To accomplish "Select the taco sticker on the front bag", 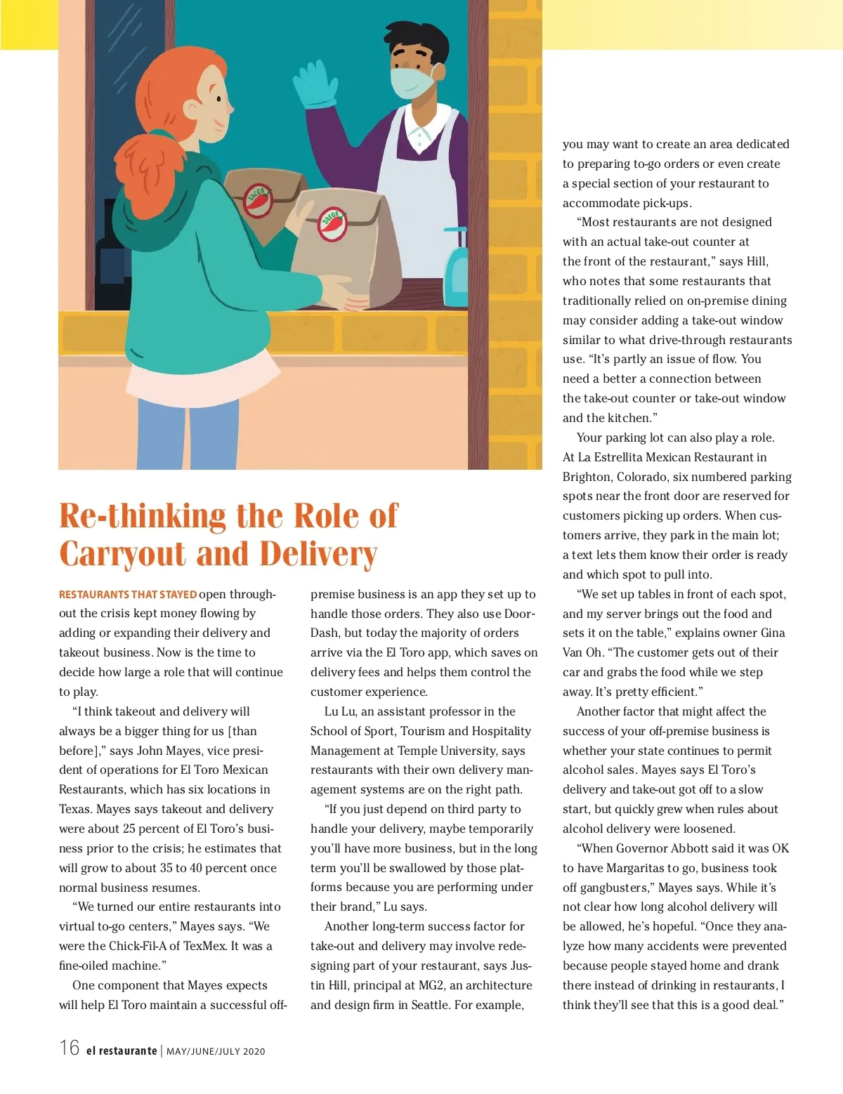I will coord(332,224).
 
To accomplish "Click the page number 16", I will coord(70,1048).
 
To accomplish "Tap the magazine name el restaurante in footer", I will coord(122,1051).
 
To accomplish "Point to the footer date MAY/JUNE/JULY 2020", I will coord(216,1051).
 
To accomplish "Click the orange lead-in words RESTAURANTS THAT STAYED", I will coord(127,595).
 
